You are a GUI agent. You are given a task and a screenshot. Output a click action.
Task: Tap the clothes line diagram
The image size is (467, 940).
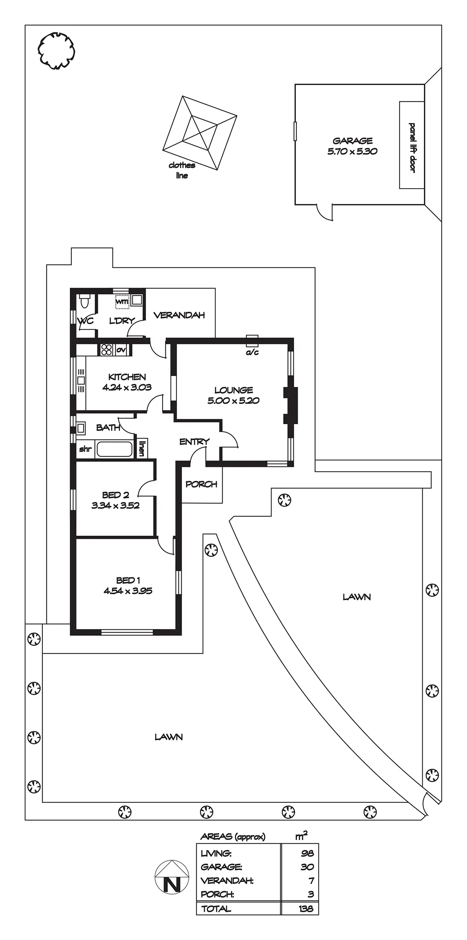coord(200,133)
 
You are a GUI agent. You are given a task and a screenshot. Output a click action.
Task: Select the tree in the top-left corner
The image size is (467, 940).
coord(56,51)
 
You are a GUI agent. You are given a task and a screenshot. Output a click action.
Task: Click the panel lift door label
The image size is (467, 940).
coord(412,147)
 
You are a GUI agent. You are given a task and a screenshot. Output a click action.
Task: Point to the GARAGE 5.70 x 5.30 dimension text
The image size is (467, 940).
coord(352,151)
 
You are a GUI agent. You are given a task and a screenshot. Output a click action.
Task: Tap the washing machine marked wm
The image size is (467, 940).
coord(122,302)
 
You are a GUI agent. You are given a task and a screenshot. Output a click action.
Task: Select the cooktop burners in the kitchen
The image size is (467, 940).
coord(106,350)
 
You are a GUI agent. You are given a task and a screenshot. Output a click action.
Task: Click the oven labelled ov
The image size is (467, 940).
coord(121,350)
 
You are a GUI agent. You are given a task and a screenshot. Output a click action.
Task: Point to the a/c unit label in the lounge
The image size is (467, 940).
coord(252,352)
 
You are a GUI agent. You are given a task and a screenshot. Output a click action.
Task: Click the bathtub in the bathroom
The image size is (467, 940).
coord(115,449)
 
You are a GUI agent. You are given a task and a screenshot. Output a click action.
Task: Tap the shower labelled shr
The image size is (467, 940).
coord(85,449)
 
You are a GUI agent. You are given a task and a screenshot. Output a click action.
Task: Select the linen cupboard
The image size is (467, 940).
coord(142,448)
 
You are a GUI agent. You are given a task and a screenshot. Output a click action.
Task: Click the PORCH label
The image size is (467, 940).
coord(202,484)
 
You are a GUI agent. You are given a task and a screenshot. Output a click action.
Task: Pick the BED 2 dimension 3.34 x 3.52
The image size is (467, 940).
coord(115,505)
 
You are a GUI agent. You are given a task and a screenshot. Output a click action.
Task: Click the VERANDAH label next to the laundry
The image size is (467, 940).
coord(179,315)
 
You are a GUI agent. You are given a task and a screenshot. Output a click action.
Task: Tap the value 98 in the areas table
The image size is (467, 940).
coord(307,853)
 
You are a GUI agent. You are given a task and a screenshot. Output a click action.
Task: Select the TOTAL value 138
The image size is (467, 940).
coord(306,909)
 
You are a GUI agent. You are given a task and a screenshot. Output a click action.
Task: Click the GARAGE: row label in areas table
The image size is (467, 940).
coord(221,867)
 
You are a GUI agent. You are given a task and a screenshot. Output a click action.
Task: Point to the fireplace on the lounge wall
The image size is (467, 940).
coord(290,406)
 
